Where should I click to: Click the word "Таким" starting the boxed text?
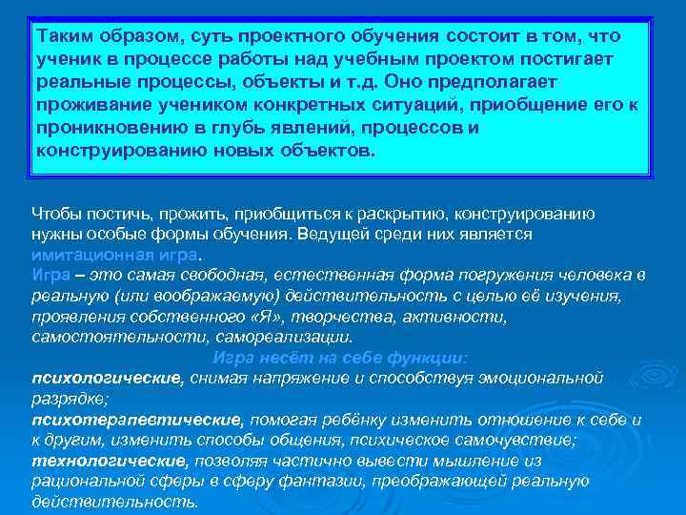pos(63,36)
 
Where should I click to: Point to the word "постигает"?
pos(567,59)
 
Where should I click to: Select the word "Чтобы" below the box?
pos(56,213)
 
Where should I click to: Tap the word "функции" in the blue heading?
pos(428,359)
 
